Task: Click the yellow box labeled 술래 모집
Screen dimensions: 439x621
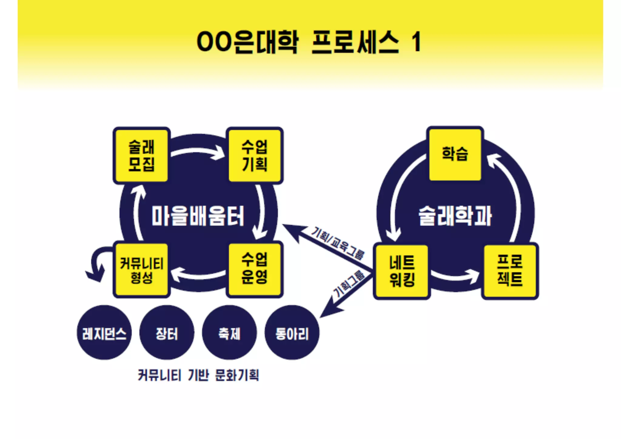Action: [141, 156]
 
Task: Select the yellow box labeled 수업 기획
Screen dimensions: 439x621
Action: [255, 156]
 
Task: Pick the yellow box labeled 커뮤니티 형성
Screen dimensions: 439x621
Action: [141, 270]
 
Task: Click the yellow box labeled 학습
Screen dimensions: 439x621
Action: [455, 154]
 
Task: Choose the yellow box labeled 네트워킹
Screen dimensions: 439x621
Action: [402, 271]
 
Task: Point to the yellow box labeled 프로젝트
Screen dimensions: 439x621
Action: [510, 271]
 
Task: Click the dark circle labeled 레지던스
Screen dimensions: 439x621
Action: [104, 333]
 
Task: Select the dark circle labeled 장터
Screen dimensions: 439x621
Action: [167, 333]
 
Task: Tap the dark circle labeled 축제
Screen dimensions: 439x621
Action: [229, 333]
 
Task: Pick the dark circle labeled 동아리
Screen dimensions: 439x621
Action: [292, 333]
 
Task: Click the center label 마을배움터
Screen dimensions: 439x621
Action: [198, 216]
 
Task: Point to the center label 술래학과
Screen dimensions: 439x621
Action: [455, 216]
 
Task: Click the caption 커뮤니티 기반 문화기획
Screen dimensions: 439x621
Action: [198, 375]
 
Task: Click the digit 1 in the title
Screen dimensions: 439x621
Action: [416, 42]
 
